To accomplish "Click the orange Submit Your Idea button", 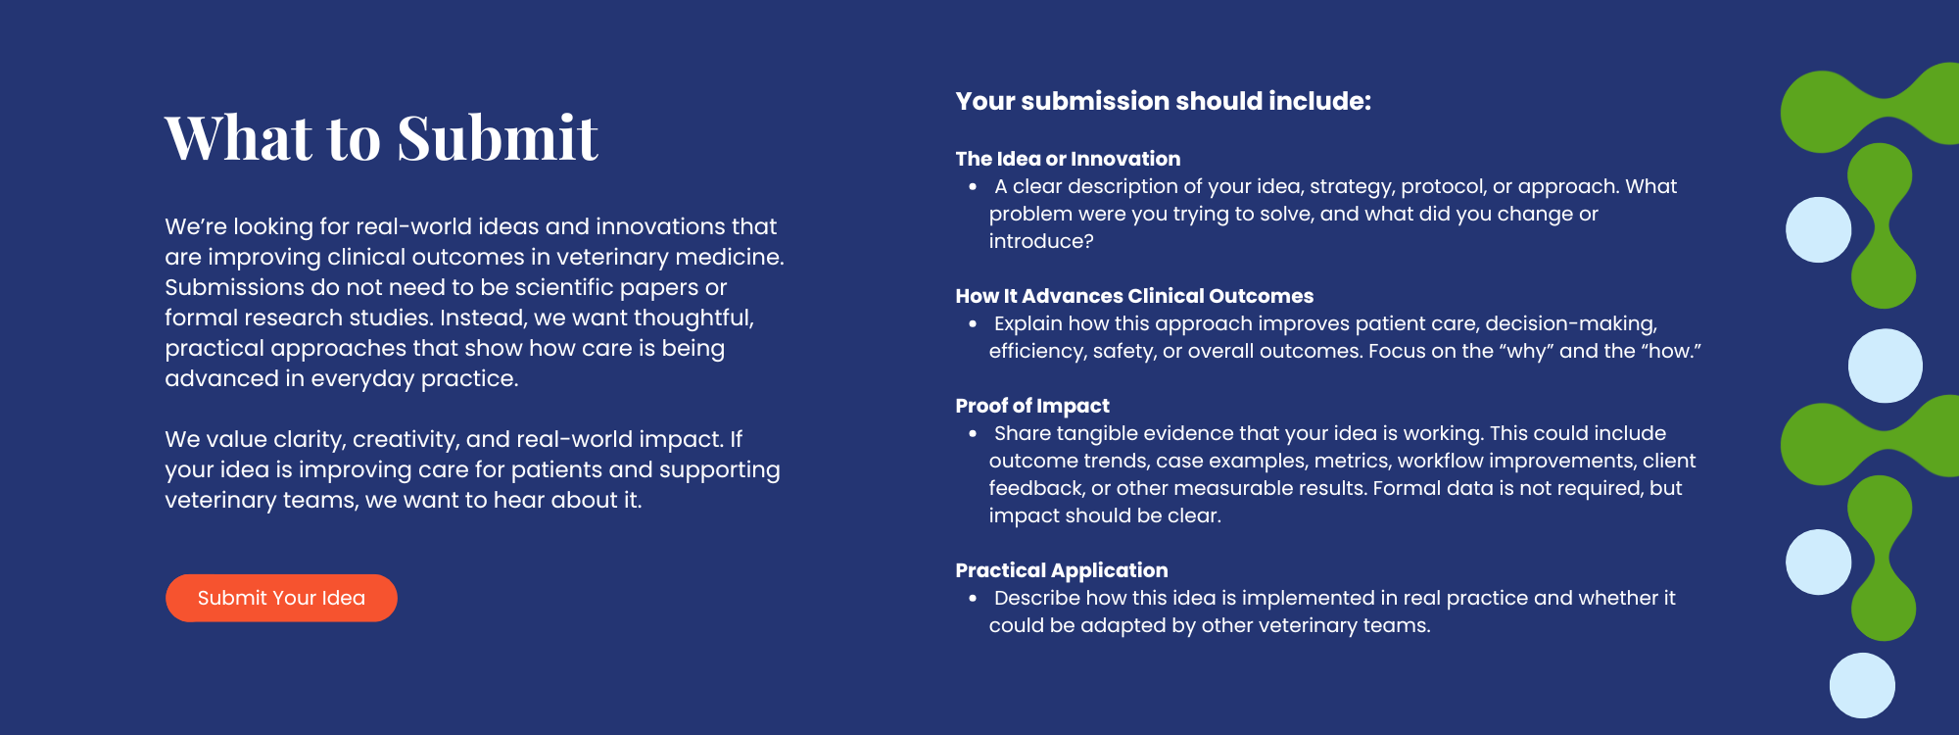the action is [281, 598].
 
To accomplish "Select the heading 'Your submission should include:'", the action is [1164, 101].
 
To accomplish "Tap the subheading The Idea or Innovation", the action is [1068, 159].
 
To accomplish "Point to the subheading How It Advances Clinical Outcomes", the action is [1134, 296].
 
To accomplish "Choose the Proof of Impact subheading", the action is [1032, 406].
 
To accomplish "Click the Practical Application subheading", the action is [1062, 570].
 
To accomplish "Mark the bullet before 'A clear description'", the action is [973, 187].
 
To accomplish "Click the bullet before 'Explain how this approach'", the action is [973, 324].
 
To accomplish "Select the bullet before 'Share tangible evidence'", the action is [973, 434].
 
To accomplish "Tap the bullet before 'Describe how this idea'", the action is [973, 599].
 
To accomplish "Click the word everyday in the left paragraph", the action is [362, 378].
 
